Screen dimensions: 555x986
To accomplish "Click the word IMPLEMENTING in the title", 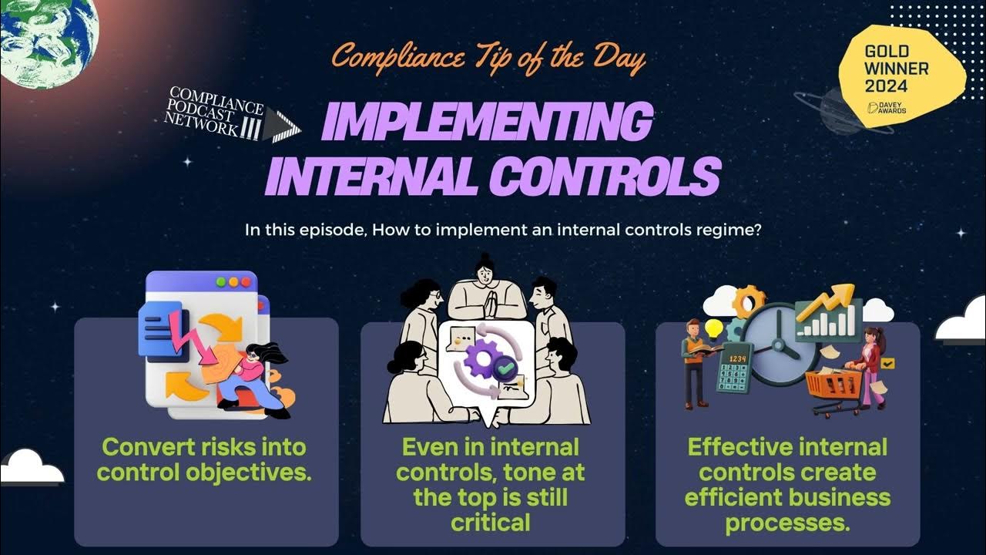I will pos(485,123).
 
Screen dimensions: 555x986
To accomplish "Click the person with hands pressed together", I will pos(486,289).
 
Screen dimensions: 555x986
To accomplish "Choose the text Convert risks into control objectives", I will pos(204,459).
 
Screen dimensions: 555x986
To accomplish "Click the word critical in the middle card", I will pos(491,522).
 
